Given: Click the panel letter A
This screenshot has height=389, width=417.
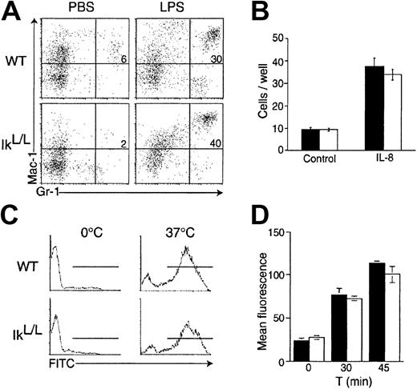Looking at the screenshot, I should [10, 11].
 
